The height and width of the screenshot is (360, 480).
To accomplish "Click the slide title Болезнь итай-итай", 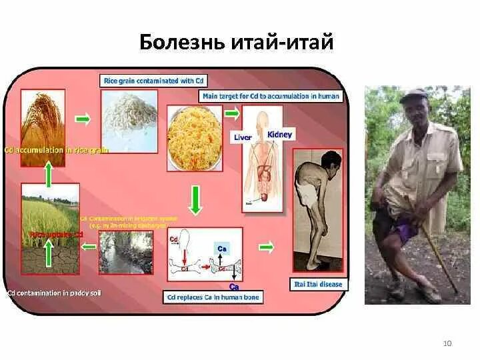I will point(236,43).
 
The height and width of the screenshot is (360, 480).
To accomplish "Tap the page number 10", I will point(447,343).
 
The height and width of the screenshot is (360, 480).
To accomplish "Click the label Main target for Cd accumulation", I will point(271,96).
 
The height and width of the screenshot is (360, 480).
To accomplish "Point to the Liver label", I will point(242,137).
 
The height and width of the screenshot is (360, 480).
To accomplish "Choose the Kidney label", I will point(279,135).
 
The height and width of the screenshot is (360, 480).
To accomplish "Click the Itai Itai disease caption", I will point(318,284).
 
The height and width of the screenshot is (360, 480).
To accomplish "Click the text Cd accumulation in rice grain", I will point(57,150).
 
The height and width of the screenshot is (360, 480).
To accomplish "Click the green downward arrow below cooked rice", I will point(194,201).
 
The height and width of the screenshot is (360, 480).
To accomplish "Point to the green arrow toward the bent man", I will point(267,247).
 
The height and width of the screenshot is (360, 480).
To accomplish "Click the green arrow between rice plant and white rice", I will point(83,119).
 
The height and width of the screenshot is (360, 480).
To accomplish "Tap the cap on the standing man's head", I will point(413,95).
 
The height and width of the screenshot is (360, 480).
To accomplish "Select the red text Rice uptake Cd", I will point(57,235).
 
